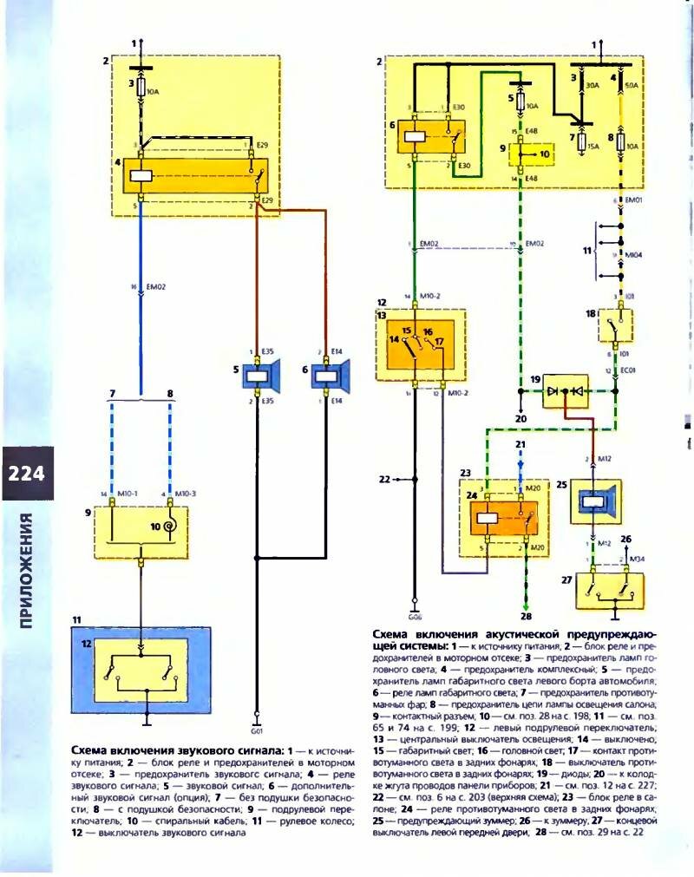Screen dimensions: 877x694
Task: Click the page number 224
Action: coord(28,474)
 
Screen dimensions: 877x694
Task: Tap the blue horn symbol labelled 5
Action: coord(259,378)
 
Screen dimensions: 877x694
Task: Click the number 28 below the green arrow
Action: coord(525,617)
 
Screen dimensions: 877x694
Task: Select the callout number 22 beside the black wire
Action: coord(386,478)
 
